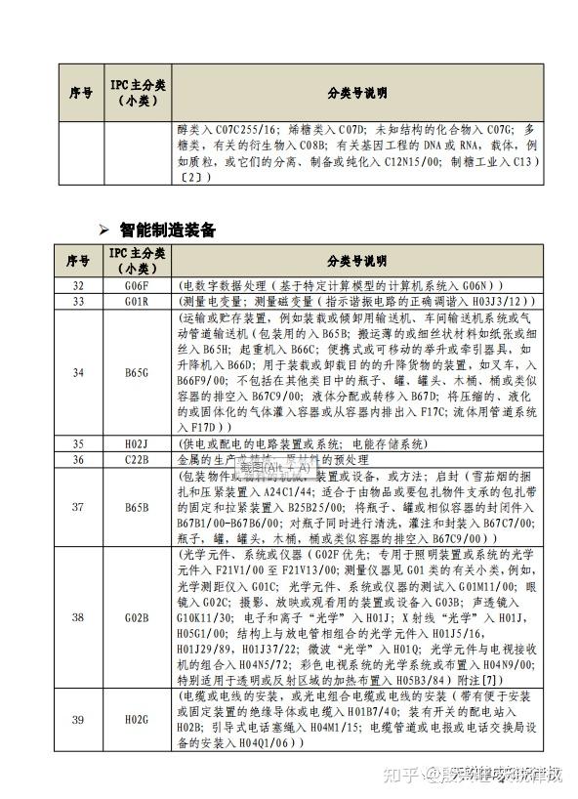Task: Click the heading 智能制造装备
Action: [167, 231]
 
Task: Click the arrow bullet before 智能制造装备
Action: [104, 231]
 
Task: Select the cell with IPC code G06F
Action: [136, 285]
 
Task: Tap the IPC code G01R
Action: [136, 301]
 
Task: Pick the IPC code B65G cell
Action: [136, 372]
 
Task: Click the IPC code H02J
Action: [136, 443]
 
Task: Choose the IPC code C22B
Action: [136, 459]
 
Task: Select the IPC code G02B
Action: [136, 617]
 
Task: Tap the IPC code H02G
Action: [136, 720]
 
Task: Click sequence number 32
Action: [79, 285]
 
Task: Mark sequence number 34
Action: [79, 372]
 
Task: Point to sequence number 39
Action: [79, 720]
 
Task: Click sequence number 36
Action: [79, 459]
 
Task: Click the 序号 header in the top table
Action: [81, 93]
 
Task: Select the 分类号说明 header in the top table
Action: [356, 93]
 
